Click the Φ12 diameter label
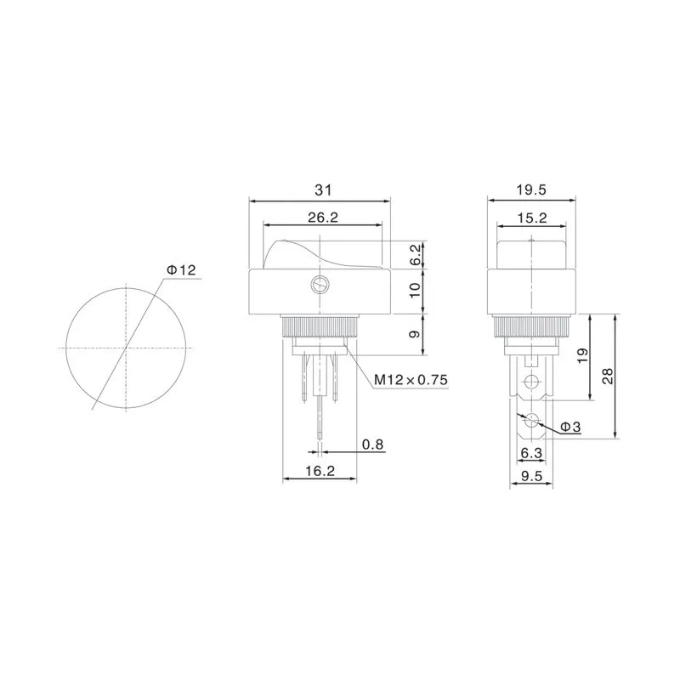[x=181, y=270]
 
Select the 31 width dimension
[x=323, y=190]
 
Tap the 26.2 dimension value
[x=323, y=218]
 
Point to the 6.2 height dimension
[x=415, y=254]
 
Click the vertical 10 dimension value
[x=415, y=290]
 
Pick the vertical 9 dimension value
[x=415, y=334]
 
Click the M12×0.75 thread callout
[x=411, y=380]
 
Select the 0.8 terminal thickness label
[x=373, y=444]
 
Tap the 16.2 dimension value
[x=320, y=471]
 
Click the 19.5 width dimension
[x=531, y=190]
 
